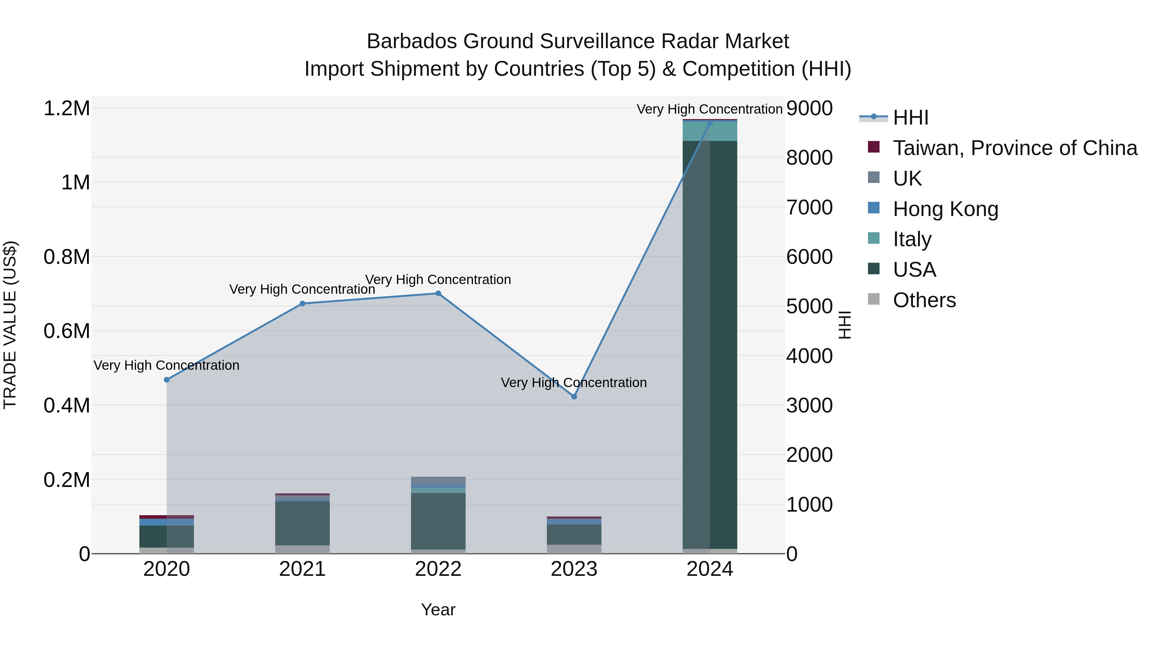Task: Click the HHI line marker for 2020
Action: click(x=166, y=380)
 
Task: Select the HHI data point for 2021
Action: click(x=302, y=304)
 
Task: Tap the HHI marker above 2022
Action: click(x=438, y=293)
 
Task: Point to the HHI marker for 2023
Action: click(x=574, y=396)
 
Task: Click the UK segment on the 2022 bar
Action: click(x=438, y=481)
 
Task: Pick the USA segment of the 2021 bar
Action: click(x=302, y=523)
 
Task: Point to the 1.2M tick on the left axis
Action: click(x=67, y=108)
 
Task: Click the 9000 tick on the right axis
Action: click(x=810, y=108)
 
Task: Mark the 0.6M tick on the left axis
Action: click(x=67, y=332)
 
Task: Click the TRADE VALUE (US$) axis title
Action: click(x=10, y=325)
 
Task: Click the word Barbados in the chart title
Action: click(x=412, y=41)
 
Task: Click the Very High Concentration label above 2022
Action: click(x=438, y=280)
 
